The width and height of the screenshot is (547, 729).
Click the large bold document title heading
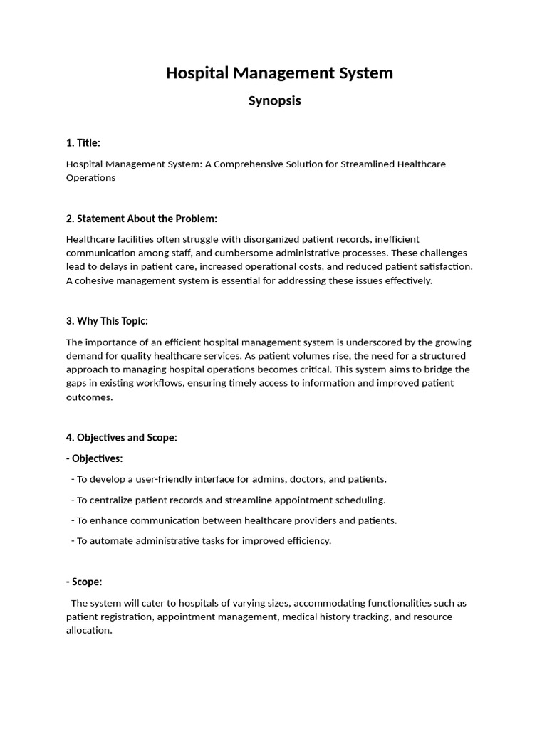(279, 73)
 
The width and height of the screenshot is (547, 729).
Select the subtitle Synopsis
(274, 100)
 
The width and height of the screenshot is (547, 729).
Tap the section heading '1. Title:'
(83, 143)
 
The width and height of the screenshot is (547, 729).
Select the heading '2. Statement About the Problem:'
(142, 219)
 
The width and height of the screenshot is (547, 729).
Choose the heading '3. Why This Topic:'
(107, 321)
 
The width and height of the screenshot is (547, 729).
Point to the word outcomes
(88, 397)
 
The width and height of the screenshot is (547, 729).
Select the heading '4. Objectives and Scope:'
(121, 438)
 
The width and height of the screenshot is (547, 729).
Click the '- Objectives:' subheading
(94, 458)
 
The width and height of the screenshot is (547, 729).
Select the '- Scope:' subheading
(84, 582)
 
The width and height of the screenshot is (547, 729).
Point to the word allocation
(88, 630)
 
